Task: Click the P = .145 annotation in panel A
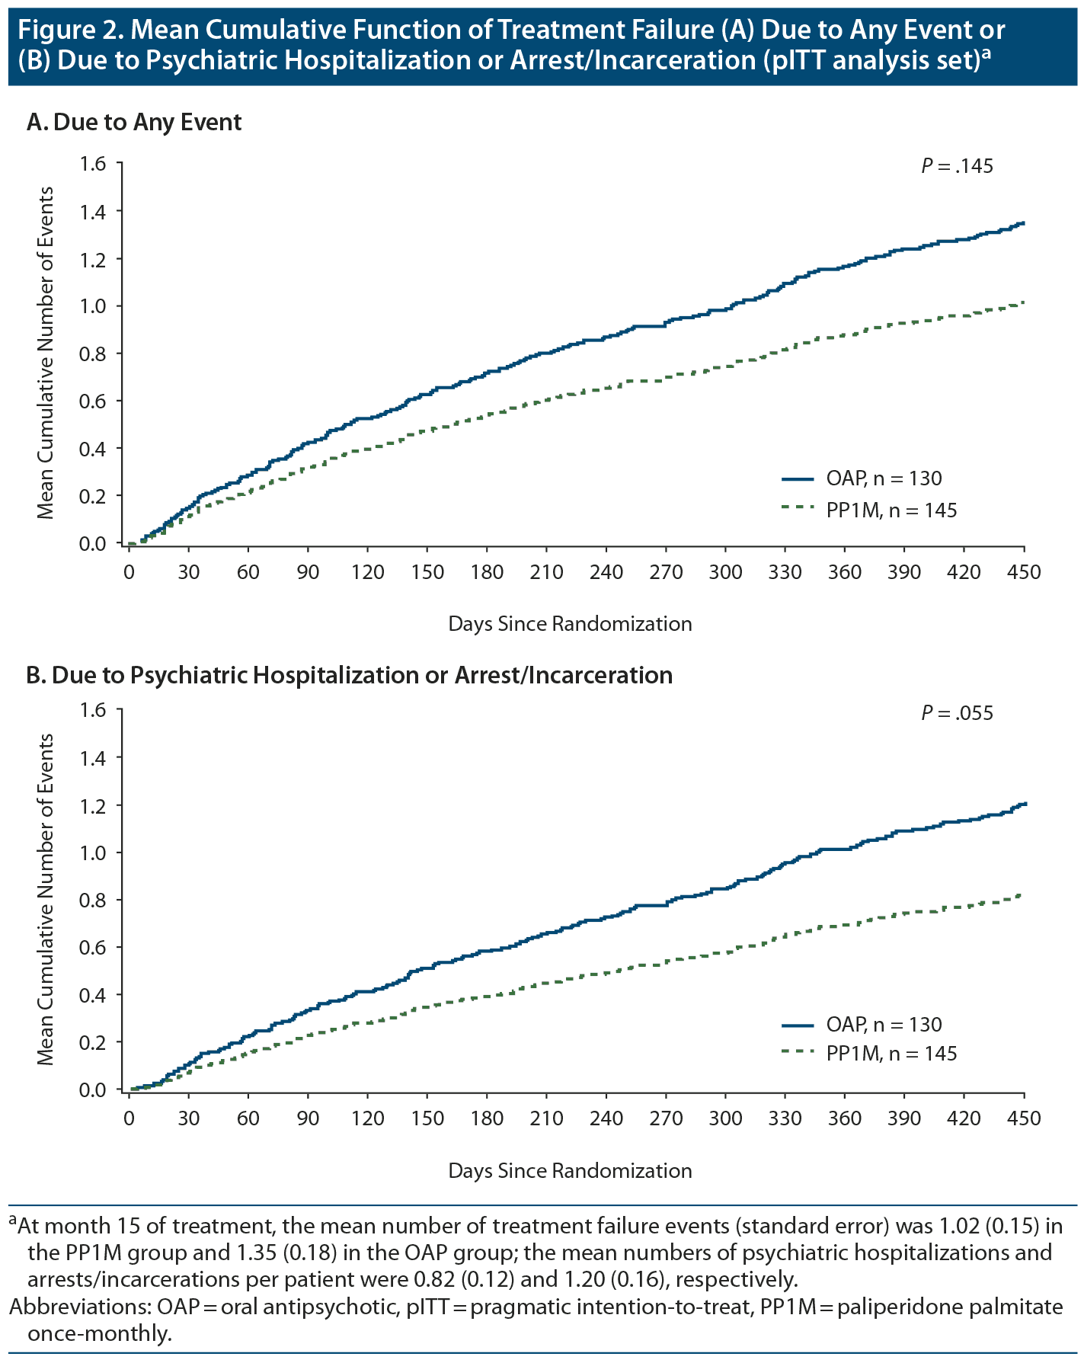point(957,166)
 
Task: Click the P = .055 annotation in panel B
point(957,713)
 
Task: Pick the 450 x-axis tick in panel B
point(1024,1118)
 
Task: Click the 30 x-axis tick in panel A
point(188,572)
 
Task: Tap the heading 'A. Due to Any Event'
point(134,122)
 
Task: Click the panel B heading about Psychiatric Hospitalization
point(350,675)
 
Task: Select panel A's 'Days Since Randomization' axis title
point(570,624)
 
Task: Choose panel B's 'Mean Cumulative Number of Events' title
point(46,899)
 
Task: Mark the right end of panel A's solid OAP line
point(1024,223)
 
